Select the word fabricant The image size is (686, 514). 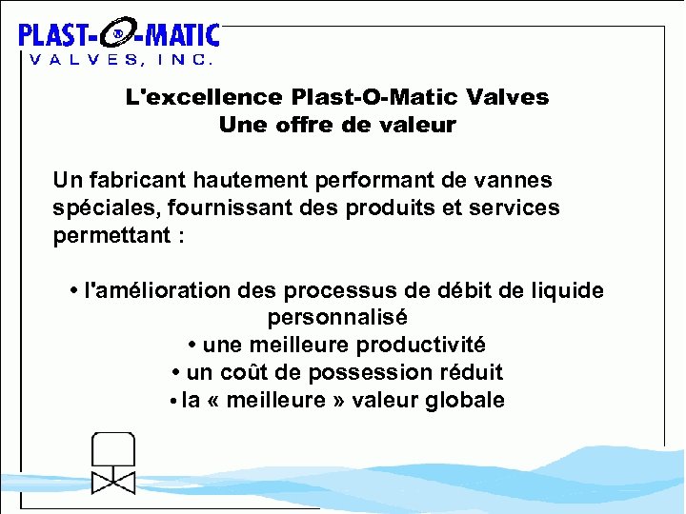(x=133, y=180)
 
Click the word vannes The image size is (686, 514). (x=514, y=180)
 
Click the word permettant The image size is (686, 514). (x=110, y=235)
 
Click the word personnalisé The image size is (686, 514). (x=337, y=317)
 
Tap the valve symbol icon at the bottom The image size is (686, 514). (x=112, y=465)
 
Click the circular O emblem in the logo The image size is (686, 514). (x=117, y=36)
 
